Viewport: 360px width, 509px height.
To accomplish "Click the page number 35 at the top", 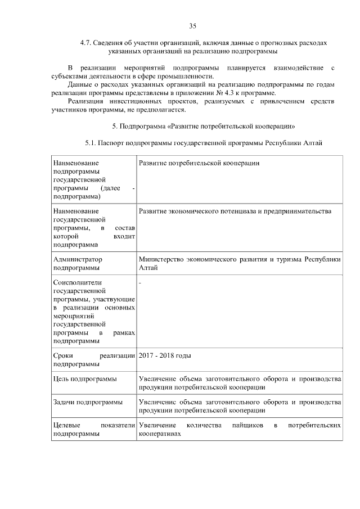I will [192, 26].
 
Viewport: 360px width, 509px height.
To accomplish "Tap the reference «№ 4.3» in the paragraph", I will [218, 92].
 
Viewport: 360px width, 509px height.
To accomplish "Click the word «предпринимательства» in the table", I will [298, 211].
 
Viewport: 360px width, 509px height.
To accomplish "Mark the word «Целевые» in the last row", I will [66, 426].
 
